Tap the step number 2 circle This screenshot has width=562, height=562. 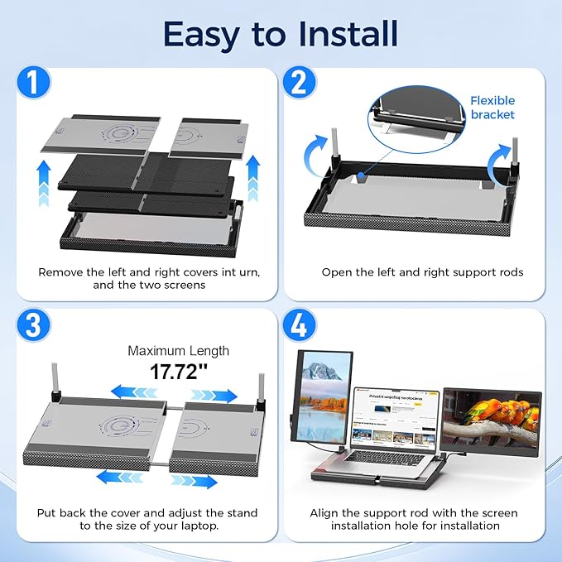(x=300, y=84)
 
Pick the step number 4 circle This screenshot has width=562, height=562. (x=300, y=325)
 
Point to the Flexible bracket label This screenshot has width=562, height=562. (x=492, y=107)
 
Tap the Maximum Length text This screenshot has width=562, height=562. (x=178, y=351)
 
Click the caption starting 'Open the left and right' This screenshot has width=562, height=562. (x=422, y=272)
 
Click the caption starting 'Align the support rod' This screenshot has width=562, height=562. (x=415, y=519)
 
